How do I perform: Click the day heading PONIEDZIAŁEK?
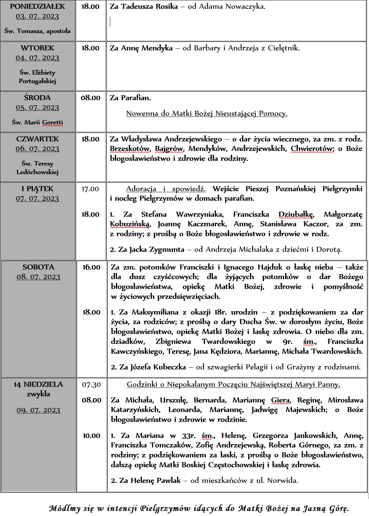point(38,6)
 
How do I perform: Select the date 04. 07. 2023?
point(38,58)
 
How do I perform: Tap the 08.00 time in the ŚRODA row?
point(91,98)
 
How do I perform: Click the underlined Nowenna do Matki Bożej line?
point(207,113)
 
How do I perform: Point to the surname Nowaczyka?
point(243,6)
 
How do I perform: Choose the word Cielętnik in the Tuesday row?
point(283,48)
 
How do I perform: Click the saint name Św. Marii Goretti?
point(38,122)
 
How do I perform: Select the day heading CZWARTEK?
point(38,139)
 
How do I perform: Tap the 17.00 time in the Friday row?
point(90,189)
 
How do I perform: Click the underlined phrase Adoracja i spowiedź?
point(166,189)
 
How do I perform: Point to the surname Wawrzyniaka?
point(200,214)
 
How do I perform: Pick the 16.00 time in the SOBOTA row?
point(91,267)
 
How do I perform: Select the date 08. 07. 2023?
point(38,277)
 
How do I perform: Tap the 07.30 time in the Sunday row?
point(91,385)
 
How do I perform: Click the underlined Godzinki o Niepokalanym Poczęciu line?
point(234,384)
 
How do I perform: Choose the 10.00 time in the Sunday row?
point(91,436)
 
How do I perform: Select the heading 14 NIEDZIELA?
point(38,384)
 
